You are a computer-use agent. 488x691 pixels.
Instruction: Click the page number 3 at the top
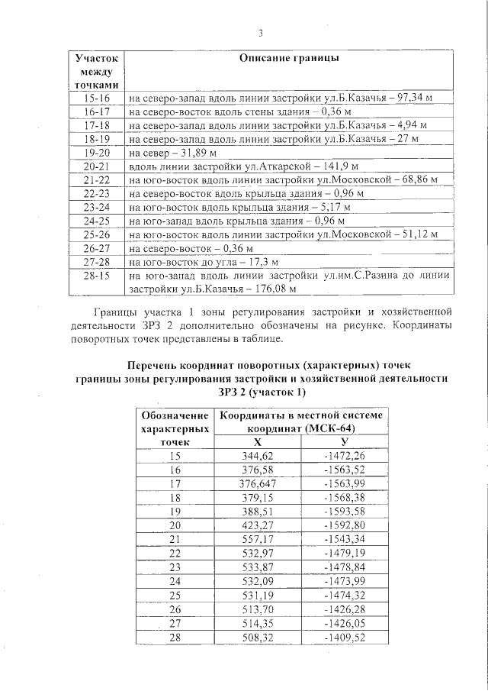coord(260,33)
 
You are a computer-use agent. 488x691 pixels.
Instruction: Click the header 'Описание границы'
coord(289,59)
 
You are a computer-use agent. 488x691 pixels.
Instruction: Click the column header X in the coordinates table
coord(257,441)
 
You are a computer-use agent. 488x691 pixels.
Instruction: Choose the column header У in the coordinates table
coord(345,441)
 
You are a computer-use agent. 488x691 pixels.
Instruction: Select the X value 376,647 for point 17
coord(257,483)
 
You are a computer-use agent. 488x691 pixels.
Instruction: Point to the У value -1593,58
coord(345,511)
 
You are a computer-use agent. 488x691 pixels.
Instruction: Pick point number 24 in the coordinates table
coord(175,581)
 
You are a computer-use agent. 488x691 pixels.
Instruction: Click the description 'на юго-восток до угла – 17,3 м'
coord(194,262)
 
